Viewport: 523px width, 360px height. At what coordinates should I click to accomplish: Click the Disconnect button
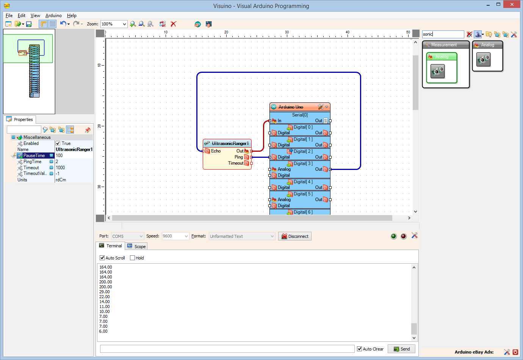coord(295,236)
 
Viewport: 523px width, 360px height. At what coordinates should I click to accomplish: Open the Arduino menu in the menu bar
coord(53,16)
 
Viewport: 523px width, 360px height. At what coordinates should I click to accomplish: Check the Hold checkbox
coord(133,258)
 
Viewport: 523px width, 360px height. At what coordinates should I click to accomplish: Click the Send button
coord(401,349)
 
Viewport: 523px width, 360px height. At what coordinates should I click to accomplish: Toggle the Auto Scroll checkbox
coord(102,258)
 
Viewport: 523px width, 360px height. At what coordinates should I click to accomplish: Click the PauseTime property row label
coord(34,156)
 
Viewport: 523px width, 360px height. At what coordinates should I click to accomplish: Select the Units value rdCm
coord(61,180)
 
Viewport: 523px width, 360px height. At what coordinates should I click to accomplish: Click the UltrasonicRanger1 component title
coord(230,143)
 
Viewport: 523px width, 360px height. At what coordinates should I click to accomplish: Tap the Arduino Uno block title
coord(291,107)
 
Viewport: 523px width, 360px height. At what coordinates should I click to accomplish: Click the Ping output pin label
coord(239,157)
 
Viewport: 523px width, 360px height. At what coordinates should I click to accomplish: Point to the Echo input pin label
coord(216,151)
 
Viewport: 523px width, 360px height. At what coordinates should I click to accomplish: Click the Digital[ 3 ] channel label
coord(303,163)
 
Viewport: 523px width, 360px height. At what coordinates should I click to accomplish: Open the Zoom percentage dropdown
coord(124,24)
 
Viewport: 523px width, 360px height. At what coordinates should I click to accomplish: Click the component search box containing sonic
coord(443,34)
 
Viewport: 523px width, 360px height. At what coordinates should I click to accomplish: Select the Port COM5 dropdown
coord(127,236)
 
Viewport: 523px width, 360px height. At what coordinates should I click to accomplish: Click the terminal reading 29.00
coord(105,292)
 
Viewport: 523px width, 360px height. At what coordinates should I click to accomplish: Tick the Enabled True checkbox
coord(58,143)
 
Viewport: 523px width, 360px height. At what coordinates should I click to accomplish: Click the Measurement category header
coord(444,45)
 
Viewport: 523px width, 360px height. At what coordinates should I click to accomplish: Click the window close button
coord(512,5)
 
